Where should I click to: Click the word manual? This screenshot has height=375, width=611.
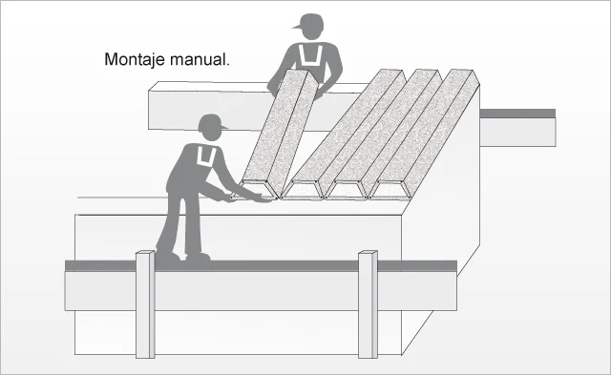200,59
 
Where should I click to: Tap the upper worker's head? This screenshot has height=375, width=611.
311,27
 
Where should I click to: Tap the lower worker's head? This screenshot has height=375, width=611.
210,127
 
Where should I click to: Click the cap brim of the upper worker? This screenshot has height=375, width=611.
297,27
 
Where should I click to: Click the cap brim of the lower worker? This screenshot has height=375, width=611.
223,127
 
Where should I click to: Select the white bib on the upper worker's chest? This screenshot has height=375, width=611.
311,55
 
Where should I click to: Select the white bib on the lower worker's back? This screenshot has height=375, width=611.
206,156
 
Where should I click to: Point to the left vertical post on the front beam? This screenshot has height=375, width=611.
145,304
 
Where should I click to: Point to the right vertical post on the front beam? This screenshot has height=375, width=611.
368,304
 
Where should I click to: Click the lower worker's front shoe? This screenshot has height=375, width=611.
199,258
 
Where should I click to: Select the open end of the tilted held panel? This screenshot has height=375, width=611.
254,191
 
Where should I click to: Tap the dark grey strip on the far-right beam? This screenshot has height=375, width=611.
517,114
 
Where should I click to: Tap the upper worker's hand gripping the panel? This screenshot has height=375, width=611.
319,93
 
